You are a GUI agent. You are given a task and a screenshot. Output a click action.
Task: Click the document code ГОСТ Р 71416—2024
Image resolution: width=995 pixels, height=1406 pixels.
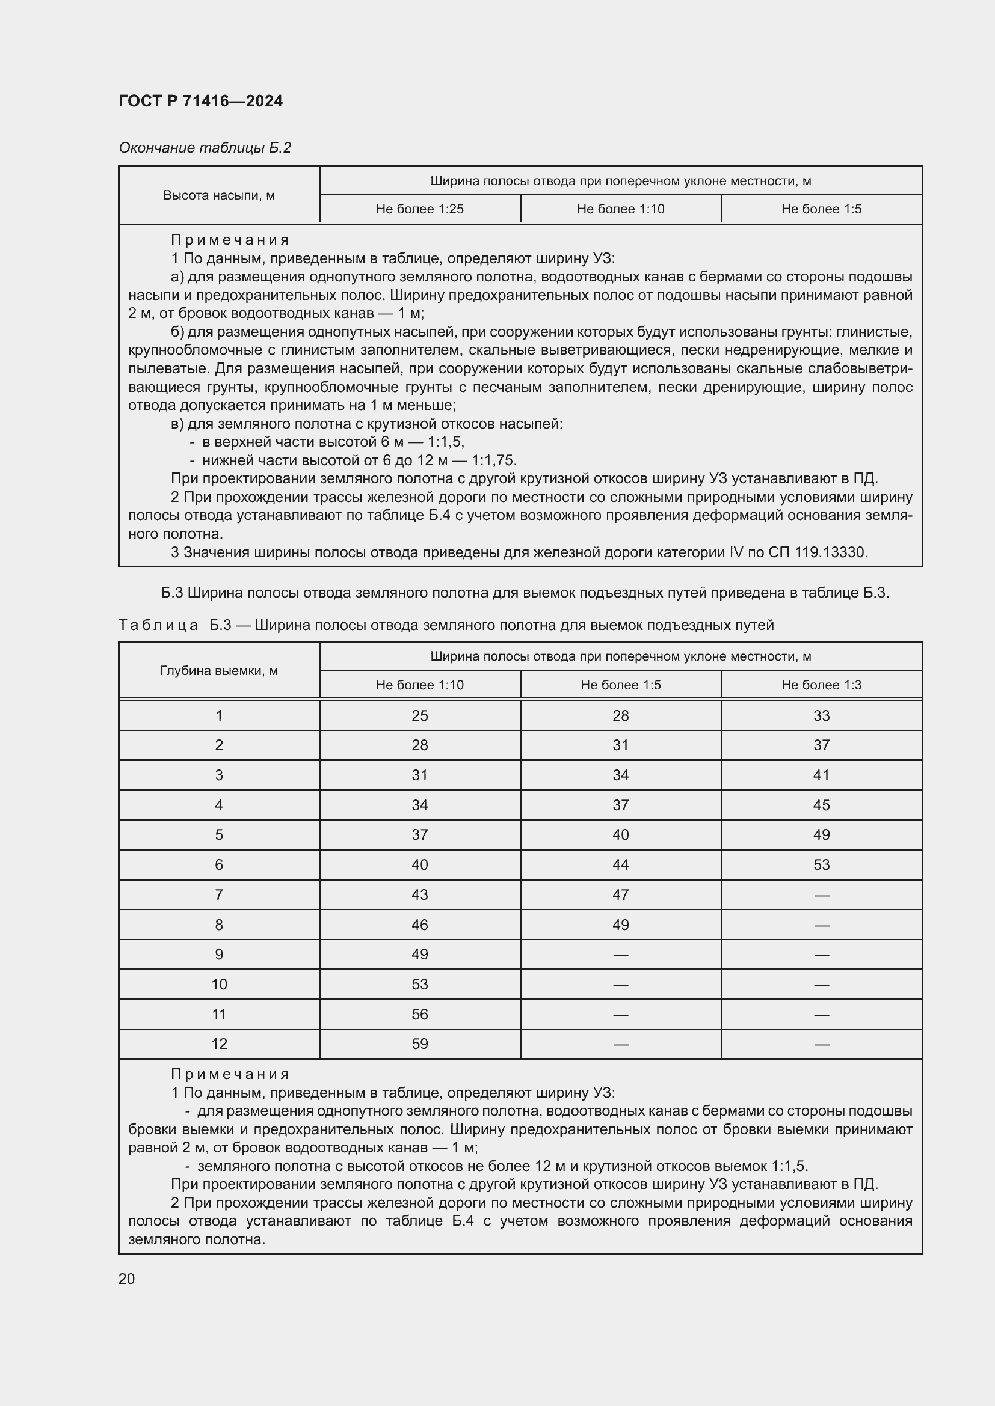[200, 101]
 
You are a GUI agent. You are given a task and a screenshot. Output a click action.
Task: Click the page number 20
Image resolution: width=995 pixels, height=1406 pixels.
[126, 1279]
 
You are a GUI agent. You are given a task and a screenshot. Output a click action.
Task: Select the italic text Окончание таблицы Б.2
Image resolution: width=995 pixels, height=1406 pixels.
[205, 148]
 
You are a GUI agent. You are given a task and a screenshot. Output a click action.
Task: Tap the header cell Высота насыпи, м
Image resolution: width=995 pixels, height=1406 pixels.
[219, 195]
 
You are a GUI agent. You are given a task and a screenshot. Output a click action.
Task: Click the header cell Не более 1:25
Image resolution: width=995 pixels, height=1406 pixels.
[420, 209]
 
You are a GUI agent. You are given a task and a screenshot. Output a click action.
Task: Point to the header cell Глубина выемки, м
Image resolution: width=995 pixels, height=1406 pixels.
[219, 671]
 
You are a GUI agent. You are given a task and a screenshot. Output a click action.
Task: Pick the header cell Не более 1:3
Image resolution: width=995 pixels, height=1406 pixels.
[821, 685]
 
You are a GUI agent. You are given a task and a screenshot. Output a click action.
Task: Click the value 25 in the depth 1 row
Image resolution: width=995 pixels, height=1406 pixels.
[420, 715]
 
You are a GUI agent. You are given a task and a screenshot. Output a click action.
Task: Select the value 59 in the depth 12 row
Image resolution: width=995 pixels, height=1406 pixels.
[420, 1044]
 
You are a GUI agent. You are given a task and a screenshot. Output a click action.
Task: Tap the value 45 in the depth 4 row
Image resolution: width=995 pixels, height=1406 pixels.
[821, 805]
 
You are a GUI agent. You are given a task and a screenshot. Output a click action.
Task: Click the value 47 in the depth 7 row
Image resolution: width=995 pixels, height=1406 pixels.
[621, 894]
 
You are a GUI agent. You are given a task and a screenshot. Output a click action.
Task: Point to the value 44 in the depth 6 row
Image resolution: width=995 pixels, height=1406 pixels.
[621, 864]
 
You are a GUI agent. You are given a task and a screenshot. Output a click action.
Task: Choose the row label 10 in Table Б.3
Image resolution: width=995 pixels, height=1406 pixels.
[219, 984]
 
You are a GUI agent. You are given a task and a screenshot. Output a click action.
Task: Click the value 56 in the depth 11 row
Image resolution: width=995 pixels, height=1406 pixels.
[420, 1014]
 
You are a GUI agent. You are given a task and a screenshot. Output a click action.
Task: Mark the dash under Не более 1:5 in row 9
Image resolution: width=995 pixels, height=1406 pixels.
[621, 955]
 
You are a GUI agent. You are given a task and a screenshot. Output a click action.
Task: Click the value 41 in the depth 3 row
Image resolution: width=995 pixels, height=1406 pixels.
[821, 775]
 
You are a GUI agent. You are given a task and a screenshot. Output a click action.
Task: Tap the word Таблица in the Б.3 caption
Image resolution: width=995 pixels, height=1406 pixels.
[158, 625]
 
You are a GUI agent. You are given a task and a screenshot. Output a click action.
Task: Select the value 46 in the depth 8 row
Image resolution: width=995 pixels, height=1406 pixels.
[420, 925]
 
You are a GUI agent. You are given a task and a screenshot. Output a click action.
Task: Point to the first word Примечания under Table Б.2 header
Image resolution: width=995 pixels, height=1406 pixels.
[230, 240]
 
